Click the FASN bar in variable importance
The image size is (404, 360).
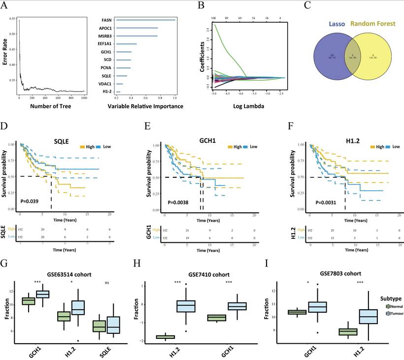146,20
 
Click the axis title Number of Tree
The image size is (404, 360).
51,106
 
